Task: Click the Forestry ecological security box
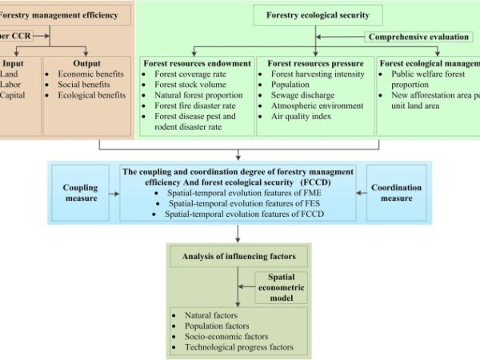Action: tap(317, 14)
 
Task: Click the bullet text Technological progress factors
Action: tap(239, 347)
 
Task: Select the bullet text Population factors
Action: tap(217, 326)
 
